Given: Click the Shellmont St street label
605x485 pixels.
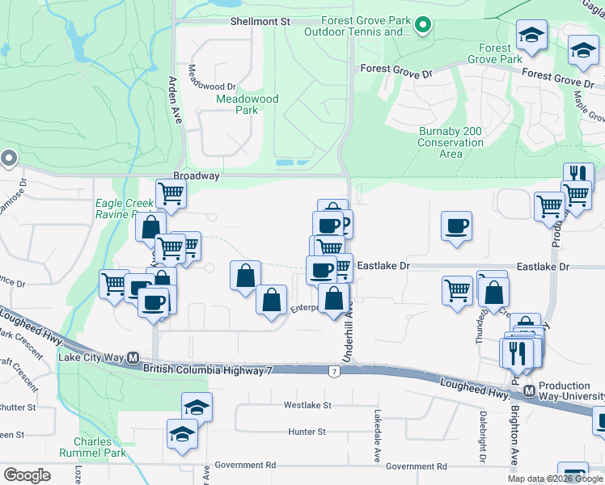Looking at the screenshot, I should tap(260, 21).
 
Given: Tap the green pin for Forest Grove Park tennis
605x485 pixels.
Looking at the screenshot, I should tap(421, 27).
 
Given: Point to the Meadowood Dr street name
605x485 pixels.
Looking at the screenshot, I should tap(213, 86).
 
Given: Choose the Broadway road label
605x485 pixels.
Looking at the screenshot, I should tap(196, 175).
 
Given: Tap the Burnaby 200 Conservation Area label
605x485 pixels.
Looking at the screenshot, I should tap(451, 142).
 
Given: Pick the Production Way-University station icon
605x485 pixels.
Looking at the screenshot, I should tap(530, 391).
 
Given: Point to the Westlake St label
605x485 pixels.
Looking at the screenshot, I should tap(307, 405).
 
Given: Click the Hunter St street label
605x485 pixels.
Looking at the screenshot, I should tap(307, 432).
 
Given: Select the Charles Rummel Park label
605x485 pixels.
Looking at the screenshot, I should tap(99, 448).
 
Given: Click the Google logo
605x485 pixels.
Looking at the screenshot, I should tap(27, 475).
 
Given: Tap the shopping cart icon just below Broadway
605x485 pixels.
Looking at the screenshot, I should tap(171, 194).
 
